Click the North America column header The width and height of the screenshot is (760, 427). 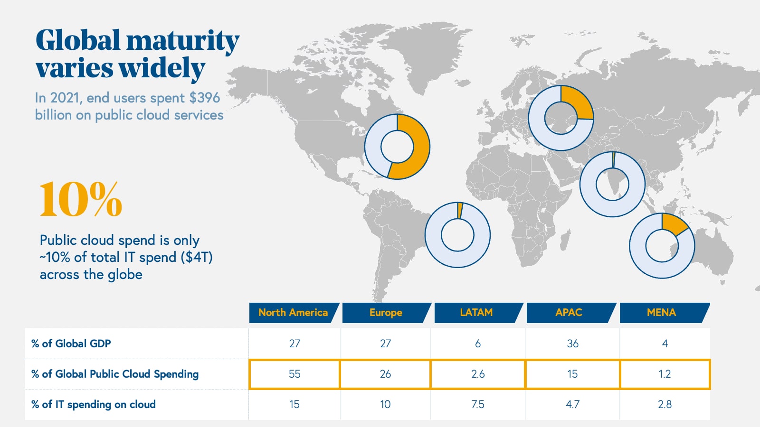293,313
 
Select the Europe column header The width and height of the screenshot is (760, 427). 386,313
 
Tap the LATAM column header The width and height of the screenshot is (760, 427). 476,313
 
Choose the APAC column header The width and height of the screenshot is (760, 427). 569,313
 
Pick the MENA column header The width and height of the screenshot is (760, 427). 661,313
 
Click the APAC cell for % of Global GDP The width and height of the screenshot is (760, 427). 573,343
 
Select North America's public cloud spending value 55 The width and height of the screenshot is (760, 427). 294,374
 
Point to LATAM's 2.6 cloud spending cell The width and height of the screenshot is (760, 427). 478,374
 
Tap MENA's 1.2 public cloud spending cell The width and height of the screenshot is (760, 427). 665,374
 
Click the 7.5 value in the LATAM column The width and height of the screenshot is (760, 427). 478,404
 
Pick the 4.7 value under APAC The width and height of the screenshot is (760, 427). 573,404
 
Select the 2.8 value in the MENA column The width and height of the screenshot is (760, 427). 665,404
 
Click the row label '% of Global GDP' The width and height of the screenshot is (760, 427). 71,343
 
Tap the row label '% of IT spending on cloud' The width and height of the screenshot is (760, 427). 94,404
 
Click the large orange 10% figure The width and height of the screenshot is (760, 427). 81,200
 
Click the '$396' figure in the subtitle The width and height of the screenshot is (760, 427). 205,98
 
